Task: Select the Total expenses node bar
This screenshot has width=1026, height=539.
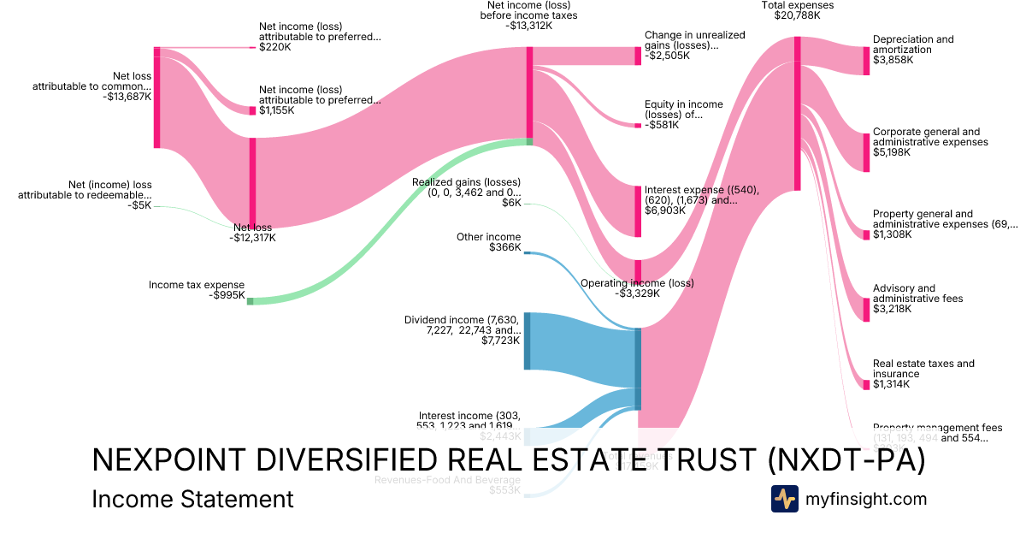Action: coord(797,113)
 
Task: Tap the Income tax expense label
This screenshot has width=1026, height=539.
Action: coord(197,285)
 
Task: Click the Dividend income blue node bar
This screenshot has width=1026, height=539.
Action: coord(527,341)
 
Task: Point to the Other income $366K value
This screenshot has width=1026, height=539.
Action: coord(504,247)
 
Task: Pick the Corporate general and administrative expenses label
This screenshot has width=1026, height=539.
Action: coord(930,137)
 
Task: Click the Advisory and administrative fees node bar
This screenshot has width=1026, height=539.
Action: coord(866,309)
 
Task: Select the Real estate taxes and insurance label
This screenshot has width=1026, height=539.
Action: coord(923,369)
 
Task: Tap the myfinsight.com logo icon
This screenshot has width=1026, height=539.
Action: coord(784,499)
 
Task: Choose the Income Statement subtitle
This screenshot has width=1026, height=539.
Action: coord(192,499)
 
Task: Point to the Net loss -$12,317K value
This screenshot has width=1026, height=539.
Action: coord(252,238)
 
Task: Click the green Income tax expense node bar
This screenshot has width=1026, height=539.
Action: coord(250,300)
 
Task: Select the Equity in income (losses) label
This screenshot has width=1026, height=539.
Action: coord(683,109)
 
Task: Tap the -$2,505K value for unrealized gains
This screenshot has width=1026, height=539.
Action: coord(668,56)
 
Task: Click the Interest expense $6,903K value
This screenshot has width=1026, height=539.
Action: coord(665,210)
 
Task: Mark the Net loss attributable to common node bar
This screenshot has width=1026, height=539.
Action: coord(157,98)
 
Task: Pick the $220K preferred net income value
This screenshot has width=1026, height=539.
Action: coord(274,48)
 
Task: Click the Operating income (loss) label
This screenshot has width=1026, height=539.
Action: coord(637,283)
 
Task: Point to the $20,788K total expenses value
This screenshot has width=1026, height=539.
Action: coord(797,15)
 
